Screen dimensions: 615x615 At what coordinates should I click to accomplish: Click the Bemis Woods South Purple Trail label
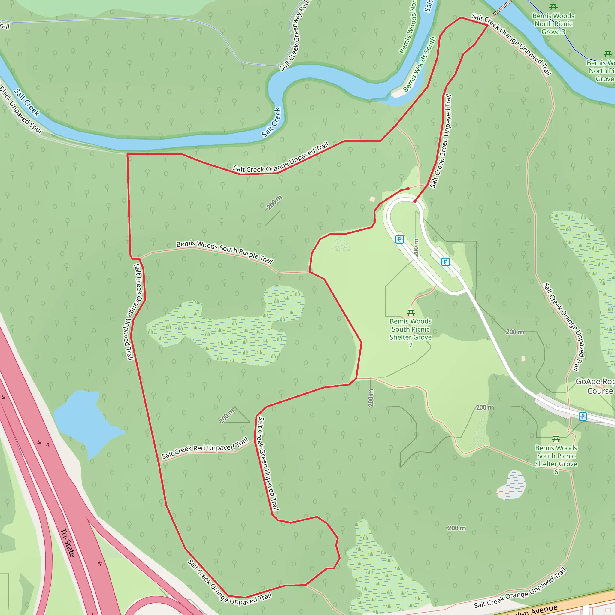point(224,252)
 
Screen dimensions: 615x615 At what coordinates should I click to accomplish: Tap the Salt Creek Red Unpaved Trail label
point(204,448)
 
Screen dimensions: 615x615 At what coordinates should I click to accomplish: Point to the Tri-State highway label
point(68,542)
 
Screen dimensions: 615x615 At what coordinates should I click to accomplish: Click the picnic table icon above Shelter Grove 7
point(411,313)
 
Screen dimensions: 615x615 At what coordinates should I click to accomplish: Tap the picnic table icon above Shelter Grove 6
point(556,439)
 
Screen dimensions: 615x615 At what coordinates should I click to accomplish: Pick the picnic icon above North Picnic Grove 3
point(553,7)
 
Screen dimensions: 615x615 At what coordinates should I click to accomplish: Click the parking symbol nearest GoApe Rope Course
point(583,417)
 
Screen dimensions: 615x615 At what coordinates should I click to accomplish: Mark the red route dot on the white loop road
point(415,201)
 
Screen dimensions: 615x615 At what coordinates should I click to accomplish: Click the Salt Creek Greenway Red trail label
point(295,35)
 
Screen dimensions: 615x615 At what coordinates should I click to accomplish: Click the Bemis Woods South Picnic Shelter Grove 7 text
point(411,333)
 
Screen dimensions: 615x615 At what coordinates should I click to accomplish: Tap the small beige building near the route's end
point(372,199)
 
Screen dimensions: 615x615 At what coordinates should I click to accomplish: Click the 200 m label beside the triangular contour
point(226,416)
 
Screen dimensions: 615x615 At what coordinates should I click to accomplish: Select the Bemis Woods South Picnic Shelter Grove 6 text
point(556,460)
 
